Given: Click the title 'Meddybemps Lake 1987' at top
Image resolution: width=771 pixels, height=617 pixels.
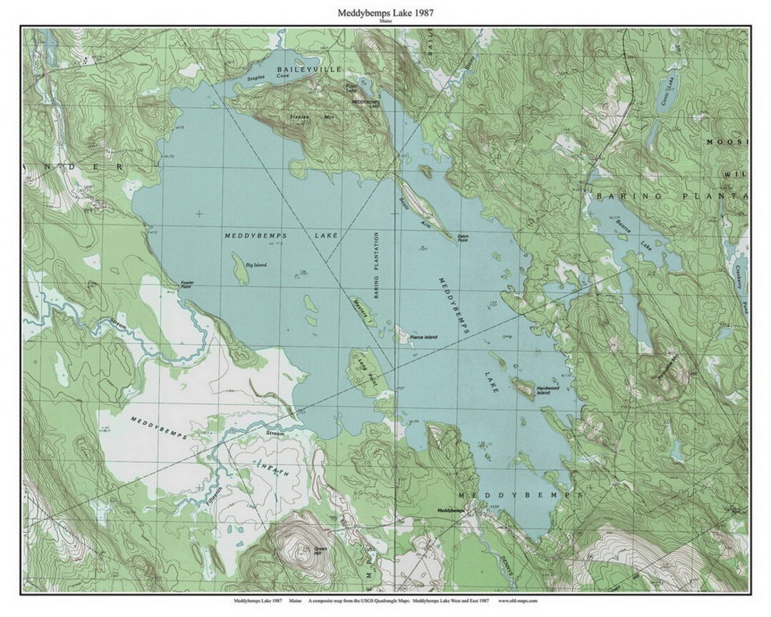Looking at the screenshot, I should coord(385,13).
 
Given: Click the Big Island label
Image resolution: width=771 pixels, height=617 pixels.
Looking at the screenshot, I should coord(256,265).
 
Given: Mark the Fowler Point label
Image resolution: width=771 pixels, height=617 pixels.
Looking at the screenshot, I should coord(187,283).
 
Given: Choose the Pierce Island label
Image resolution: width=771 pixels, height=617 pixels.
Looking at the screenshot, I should coord(421,337).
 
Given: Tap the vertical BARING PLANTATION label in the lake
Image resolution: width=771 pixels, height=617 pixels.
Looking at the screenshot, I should coord(374,264).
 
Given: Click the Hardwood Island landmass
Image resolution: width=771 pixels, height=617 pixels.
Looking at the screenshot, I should coord(523,390).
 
